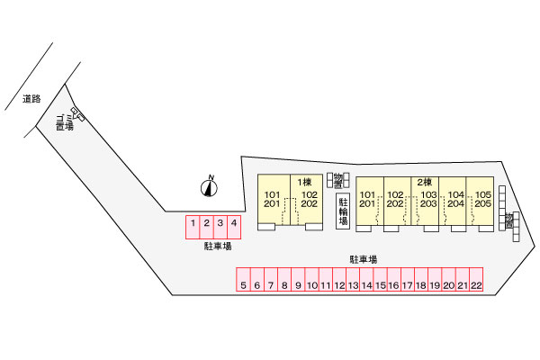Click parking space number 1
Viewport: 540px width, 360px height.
click(x=193, y=223)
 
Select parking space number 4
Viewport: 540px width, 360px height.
click(x=234, y=223)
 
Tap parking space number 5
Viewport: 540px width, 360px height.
click(x=243, y=285)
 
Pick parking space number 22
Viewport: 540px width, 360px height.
click(x=476, y=285)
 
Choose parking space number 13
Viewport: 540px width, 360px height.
click(x=353, y=285)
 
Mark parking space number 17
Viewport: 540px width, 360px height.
click(x=407, y=285)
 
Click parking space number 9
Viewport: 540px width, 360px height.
click(x=297, y=285)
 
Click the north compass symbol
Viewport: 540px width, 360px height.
click(x=210, y=187)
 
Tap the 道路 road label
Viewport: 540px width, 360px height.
click(x=31, y=99)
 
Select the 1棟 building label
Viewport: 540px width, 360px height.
click(x=304, y=182)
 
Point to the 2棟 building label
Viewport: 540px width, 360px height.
click(x=425, y=182)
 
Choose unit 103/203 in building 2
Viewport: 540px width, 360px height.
click(x=428, y=199)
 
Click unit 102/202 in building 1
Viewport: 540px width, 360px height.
click(x=309, y=199)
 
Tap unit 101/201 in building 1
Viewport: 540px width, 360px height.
click(x=272, y=199)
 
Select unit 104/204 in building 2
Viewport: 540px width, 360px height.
click(x=456, y=199)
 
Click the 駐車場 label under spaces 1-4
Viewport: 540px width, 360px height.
click(x=217, y=245)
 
